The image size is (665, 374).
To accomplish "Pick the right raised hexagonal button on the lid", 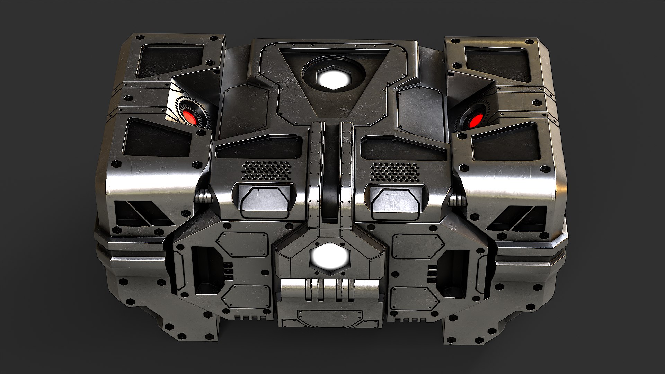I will coord(397,201).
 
